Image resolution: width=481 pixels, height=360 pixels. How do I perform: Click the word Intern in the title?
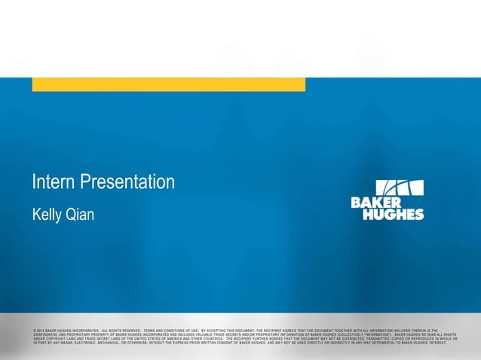[51, 182]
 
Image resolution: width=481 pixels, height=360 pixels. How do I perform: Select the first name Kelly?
[48, 216]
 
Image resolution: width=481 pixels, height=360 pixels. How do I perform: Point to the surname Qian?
[81, 216]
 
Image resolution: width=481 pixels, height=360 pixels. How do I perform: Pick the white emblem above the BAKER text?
[400, 188]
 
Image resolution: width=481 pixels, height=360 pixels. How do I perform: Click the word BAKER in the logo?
[375, 203]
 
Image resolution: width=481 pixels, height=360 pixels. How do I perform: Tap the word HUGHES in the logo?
[393, 214]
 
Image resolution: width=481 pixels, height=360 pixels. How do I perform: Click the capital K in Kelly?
[36, 216]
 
